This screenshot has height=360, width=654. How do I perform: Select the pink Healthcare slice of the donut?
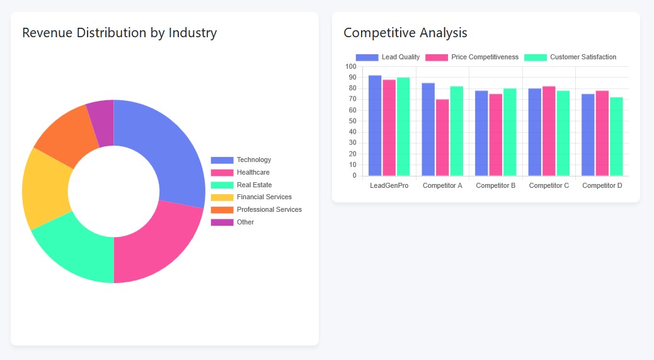pos(158,243)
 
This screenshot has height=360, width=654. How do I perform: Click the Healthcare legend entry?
pos(253,172)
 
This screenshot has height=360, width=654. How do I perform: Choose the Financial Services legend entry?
pos(264,197)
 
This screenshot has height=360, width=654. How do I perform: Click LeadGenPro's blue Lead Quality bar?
pos(375,126)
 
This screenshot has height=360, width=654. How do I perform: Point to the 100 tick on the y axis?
pos(351,67)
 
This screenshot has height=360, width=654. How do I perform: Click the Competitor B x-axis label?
pos(496,185)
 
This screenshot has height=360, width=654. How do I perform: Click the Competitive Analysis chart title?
pos(405,33)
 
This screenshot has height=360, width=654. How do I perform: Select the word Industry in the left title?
pos(192,33)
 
